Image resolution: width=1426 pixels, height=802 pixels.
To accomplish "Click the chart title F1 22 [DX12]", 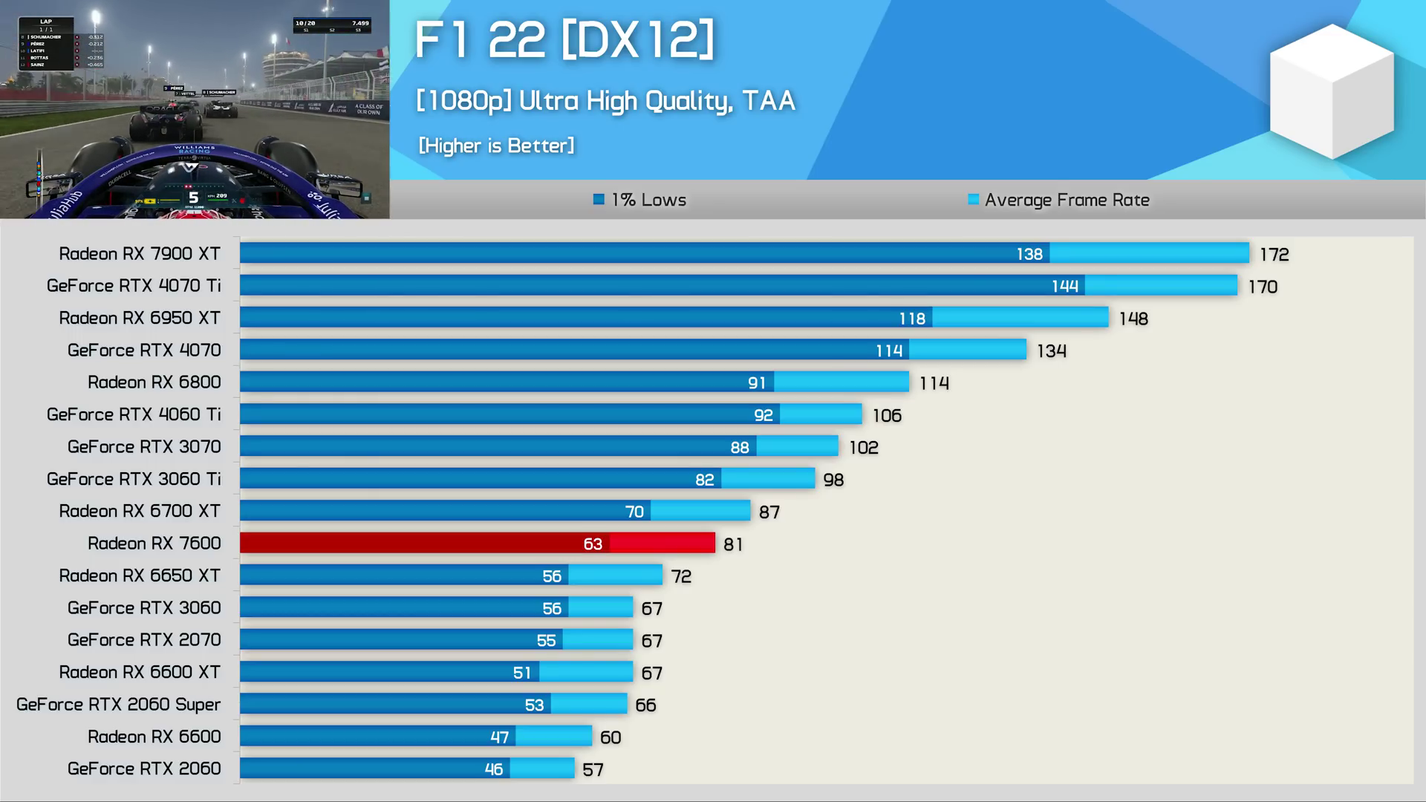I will click(564, 39).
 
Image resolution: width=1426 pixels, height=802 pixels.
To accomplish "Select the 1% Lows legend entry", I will click(640, 200).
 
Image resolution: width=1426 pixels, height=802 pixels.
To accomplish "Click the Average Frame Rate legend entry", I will click(1059, 200).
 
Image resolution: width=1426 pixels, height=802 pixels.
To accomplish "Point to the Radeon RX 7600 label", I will click(154, 544).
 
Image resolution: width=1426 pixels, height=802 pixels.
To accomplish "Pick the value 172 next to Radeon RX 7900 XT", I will click(1274, 255).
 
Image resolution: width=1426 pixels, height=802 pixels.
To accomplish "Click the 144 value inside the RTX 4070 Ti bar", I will click(1064, 287).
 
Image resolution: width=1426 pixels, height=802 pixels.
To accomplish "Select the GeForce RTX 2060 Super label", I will click(119, 705).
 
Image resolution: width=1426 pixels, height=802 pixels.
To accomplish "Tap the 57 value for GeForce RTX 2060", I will click(593, 770).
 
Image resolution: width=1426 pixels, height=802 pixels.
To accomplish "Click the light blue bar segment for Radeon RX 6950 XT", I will click(1020, 319).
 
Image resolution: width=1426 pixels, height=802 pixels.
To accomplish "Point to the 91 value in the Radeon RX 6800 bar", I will click(756, 383).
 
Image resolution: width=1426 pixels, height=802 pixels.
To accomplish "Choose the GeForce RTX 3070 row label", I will click(144, 447).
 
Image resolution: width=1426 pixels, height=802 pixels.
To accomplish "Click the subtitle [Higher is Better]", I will click(496, 146).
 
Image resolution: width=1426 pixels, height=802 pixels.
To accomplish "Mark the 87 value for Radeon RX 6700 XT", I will click(769, 512).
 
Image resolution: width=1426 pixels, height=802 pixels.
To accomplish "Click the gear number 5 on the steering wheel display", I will click(193, 198).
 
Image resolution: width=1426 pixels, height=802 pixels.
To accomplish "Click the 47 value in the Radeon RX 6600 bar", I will click(499, 737).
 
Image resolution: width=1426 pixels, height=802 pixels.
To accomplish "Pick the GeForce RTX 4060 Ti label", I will click(134, 415).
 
